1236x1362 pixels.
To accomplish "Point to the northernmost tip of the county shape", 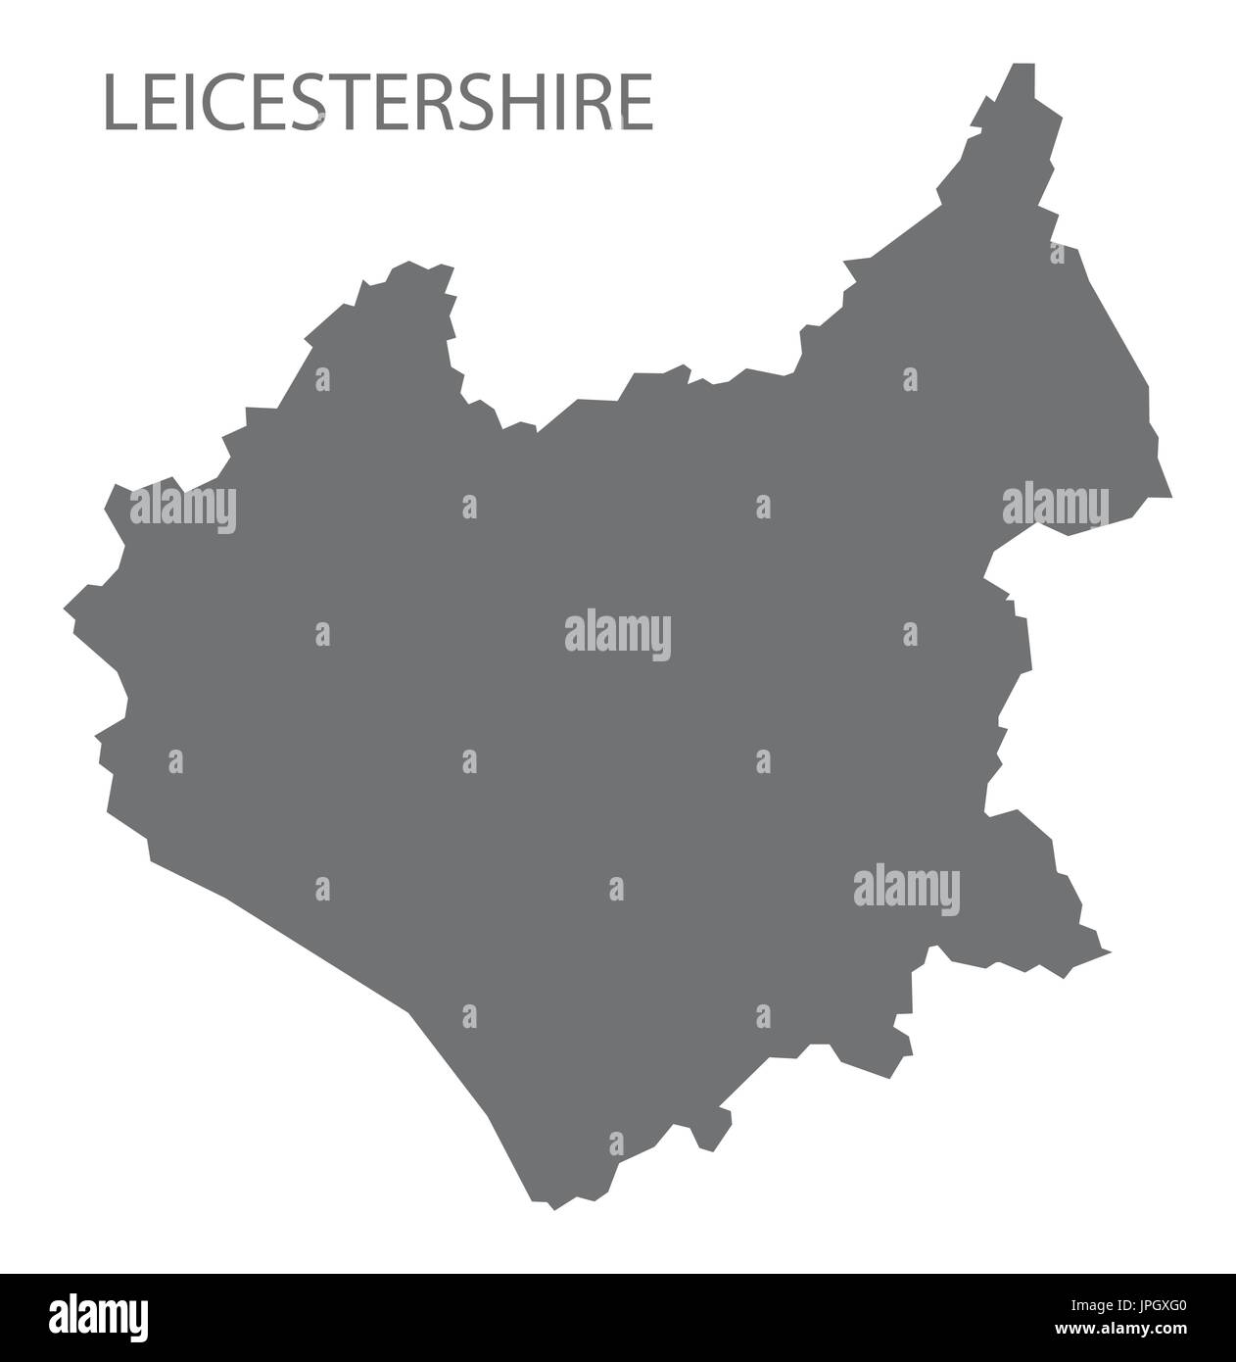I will pyautogui.click(x=1023, y=65).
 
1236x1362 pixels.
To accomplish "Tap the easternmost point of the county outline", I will pyautogui.click(x=1171, y=495).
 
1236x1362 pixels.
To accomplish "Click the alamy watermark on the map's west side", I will pyautogui.click(x=182, y=507).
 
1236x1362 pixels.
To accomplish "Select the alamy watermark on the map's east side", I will pyautogui.click(x=1056, y=507).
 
